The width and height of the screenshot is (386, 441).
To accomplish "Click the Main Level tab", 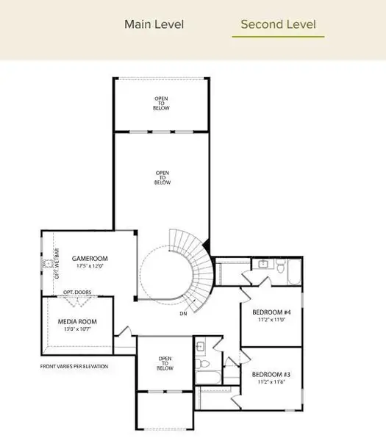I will pyautogui.click(x=154, y=24).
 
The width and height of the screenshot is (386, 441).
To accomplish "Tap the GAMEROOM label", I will pyautogui.click(x=90, y=259).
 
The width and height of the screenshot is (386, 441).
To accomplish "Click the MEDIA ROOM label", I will pyautogui.click(x=77, y=321).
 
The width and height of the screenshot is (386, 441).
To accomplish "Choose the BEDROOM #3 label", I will pyautogui.click(x=271, y=373).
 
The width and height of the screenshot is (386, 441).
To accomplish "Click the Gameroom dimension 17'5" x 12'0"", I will pyautogui.click(x=90, y=267).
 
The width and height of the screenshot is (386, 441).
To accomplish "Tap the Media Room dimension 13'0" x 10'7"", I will pyautogui.click(x=77, y=330).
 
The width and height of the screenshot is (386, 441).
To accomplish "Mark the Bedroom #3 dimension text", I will pyautogui.click(x=271, y=381).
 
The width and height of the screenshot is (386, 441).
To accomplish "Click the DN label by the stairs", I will pyautogui.click(x=182, y=314).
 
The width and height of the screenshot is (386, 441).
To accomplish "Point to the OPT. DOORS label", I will pyautogui.click(x=77, y=292).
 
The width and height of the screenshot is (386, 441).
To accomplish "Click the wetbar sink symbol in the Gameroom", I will pyautogui.click(x=48, y=262).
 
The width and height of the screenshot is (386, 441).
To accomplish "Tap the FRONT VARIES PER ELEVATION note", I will pyautogui.click(x=74, y=366).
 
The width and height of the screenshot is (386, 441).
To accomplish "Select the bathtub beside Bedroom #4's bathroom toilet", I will pyautogui.click(x=293, y=273).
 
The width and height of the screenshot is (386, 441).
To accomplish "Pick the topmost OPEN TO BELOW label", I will pyautogui.click(x=162, y=104).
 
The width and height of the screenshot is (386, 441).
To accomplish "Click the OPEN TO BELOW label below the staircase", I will pyautogui.click(x=165, y=364).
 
